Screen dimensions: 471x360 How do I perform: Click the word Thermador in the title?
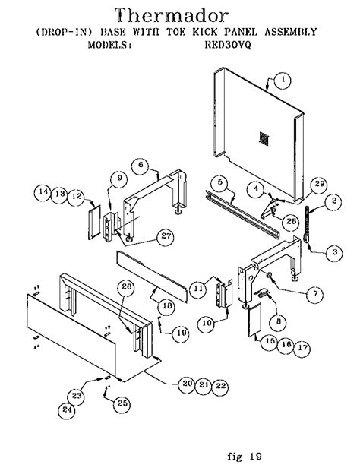click(x=179, y=14)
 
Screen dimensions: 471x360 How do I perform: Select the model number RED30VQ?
click(x=230, y=45)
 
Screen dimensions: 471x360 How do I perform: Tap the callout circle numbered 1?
click(x=283, y=79)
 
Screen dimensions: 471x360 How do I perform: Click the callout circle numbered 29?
click(x=319, y=185)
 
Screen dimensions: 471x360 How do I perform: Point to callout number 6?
click(x=141, y=164)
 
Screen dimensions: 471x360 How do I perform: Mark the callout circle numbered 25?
click(x=120, y=405)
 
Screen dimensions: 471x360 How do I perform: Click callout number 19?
click(x=181, y=332)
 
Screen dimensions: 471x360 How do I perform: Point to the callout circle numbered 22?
click(x=220, y=385)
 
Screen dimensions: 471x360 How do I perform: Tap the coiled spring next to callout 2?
click(x=308, y=221)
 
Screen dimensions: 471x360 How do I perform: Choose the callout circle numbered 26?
click(x=127, y=286)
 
